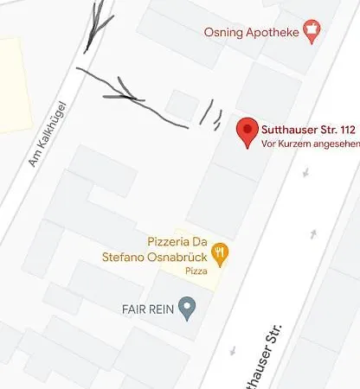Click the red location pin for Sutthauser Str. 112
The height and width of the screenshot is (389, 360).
click(247, 131)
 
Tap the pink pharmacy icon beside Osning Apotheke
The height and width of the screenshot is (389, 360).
click(311, 32)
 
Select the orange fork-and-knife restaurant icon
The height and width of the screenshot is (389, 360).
click(220, 252)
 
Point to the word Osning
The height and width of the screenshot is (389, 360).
click(222, 33)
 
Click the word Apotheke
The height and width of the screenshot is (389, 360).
click(270, 33)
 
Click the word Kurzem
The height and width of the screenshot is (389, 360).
click(291, 144)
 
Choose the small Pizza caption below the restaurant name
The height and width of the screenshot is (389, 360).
click(196, 271)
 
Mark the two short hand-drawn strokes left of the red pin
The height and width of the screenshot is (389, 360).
click(209, 113)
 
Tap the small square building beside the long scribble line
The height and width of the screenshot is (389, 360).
click(182, 104)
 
